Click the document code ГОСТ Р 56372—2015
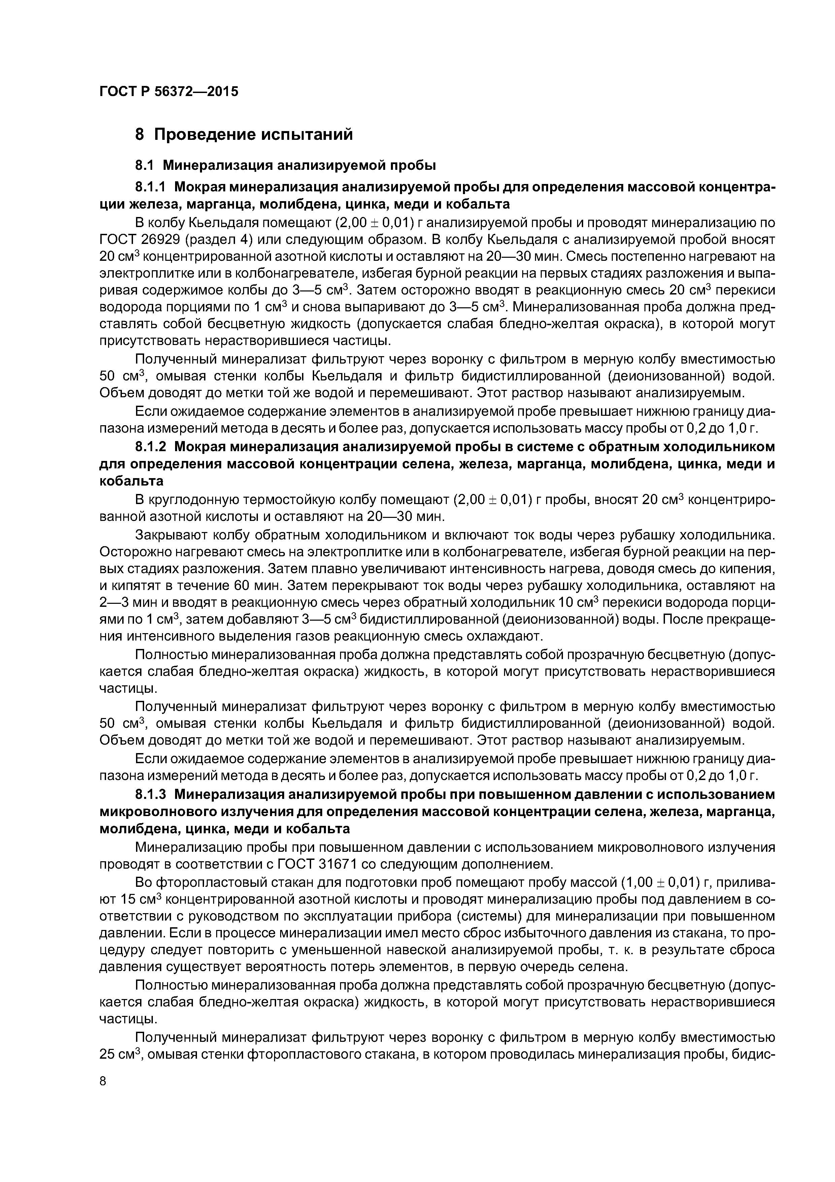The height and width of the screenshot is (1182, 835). coord(169,92)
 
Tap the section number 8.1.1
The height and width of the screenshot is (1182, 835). coord(152,187)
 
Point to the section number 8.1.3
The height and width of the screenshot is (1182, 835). coord(152,795)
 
